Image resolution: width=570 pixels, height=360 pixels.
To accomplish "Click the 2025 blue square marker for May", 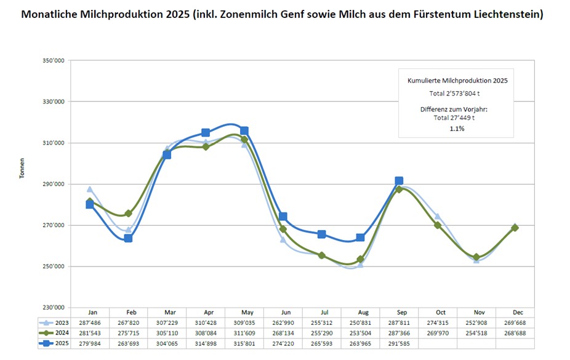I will point(244,130).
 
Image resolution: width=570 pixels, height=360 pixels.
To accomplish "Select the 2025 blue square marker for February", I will point(128,238).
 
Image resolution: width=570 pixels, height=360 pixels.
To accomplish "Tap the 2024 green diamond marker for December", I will point(515,228).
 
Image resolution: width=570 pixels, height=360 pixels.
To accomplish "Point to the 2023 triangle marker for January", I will point(90,190).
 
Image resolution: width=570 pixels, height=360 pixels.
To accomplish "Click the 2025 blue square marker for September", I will point(399,181).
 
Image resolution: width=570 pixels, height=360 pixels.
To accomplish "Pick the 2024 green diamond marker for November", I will point(476,257).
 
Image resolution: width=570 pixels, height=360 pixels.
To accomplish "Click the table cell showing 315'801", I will point(244,343).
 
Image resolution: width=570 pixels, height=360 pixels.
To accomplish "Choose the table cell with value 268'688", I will point(515,333).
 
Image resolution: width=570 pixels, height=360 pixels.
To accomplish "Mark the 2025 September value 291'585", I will point(399,343).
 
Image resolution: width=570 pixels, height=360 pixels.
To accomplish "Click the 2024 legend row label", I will point(60,333).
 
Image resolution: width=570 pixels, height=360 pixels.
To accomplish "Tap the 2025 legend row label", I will point(60,343).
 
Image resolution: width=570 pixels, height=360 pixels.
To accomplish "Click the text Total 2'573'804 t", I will point(456,93).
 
